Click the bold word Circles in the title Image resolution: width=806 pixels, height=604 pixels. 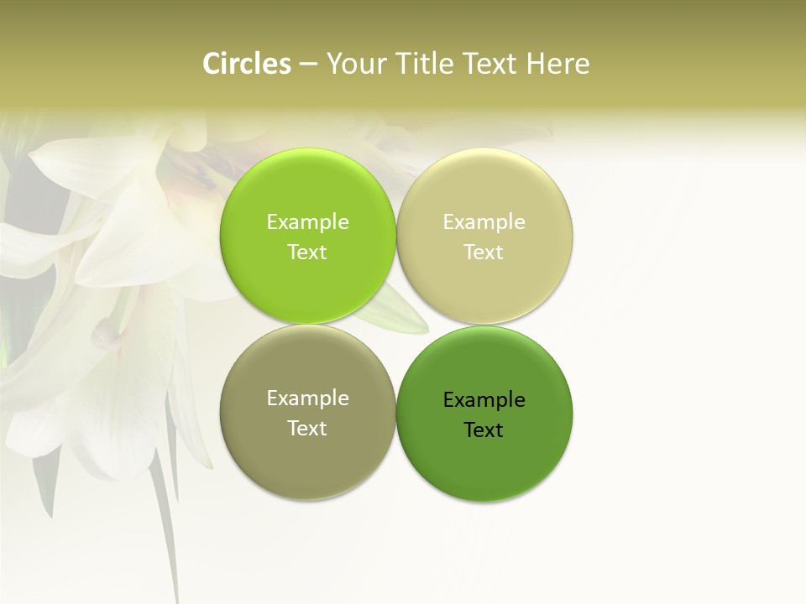click(247, 64)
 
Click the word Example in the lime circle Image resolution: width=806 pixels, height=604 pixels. click(307, 222)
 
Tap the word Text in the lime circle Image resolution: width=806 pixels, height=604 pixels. click(307, 253)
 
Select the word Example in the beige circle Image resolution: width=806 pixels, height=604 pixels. click(484, 222)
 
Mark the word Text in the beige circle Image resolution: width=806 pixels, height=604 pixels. click(484, 253)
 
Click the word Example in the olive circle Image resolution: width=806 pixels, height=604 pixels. click(307, 398)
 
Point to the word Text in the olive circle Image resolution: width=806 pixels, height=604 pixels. click(307, 429)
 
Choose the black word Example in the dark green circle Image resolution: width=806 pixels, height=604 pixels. click(484, 400)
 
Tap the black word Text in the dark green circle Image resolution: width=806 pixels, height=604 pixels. click(484, 430)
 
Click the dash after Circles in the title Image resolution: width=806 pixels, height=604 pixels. click(308, 65)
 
